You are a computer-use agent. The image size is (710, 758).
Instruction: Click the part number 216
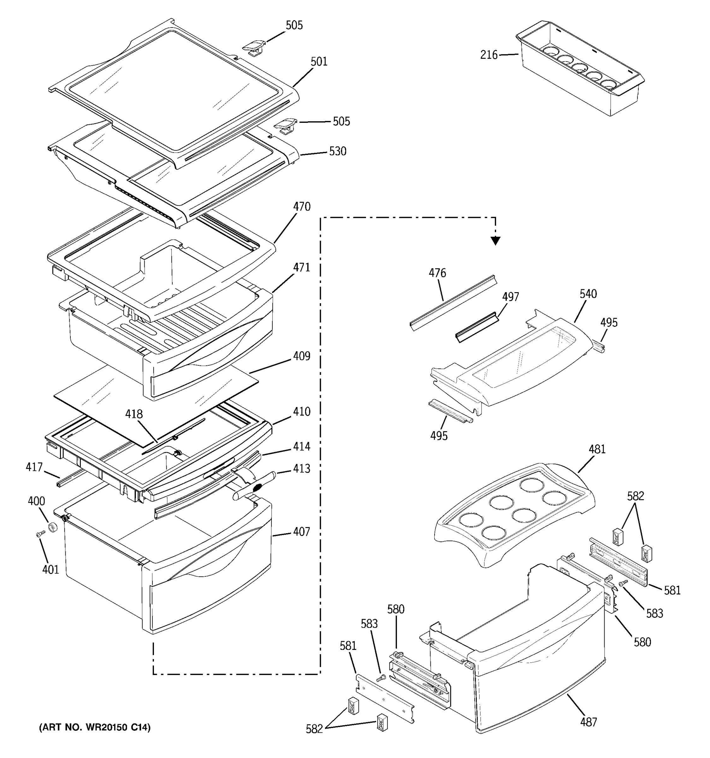point(489,55)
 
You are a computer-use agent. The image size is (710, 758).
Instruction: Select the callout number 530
point(337,151)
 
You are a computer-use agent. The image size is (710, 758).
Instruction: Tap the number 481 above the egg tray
point(597,449)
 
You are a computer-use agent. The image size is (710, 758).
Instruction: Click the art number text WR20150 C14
point(95,727)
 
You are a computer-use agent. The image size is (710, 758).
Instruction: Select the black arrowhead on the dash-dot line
point(495,240)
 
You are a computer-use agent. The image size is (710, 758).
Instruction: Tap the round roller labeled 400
point(52,528)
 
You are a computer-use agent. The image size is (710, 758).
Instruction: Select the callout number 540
point(588,294)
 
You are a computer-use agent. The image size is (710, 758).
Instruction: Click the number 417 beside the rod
point(34,467)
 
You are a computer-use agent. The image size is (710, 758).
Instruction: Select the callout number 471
point(302,268)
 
